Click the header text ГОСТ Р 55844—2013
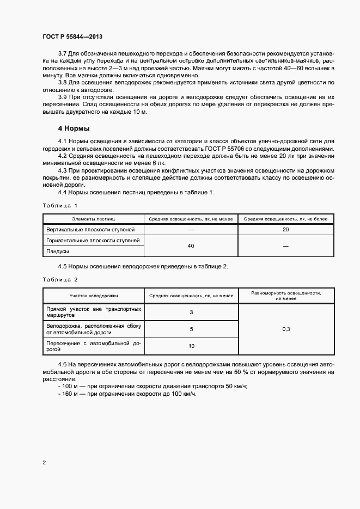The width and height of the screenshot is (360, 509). click(72, 36)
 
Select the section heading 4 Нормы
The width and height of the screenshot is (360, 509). click(74, 128)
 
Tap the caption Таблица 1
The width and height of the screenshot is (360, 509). click(60, 205)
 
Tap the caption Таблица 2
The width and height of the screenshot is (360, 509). click(60, 279)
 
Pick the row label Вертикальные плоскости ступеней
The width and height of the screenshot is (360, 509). click(93, 229)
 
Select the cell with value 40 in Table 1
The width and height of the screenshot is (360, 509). click(191, 246)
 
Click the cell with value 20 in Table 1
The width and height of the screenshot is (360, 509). click(285, 229)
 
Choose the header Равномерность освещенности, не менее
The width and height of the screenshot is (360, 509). click(285, 296)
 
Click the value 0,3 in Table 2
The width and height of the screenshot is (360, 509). click(286, 329)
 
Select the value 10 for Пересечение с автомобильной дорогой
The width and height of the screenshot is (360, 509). click(191, 346)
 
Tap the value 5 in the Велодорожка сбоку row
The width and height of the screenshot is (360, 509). click(191, 329)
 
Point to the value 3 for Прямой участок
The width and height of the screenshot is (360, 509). click(191, 312)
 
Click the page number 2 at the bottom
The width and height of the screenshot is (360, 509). click(44, 463)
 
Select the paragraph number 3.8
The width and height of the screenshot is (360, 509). click(62, 82)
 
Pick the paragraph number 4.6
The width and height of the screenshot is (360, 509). click(62, 364)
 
